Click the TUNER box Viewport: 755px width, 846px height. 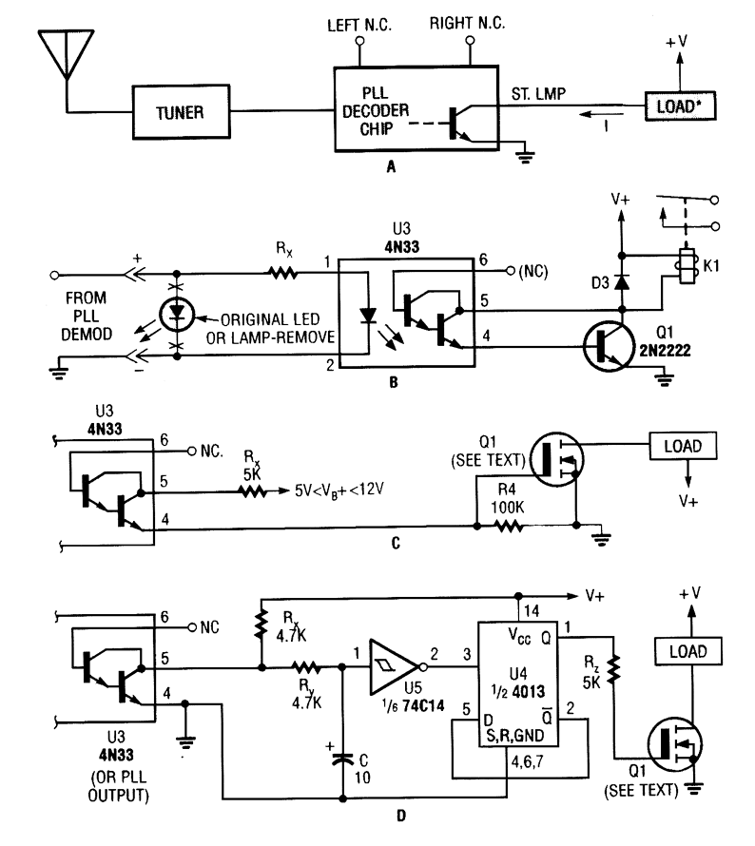[x=182, y=112]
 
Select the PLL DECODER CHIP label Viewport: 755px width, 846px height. [x=376, y=110]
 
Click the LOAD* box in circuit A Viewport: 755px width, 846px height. [x=680, y=106]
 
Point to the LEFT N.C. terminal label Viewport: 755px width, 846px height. [x=359, y=26]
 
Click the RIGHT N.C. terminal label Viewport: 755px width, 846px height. [x=467, y=23]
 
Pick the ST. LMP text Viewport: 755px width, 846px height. [x=538, y=94]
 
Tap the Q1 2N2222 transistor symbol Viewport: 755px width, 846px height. [x=609, y=346]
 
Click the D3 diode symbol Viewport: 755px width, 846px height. [x=622, y=282]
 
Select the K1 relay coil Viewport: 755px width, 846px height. [x=687, y=265]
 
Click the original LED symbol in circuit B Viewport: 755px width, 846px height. [x=177, y=314]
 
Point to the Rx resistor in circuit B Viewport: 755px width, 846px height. [x=283, y=274]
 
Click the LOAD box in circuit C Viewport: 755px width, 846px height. [x=683, y=446]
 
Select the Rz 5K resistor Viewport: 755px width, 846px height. [x=613, y=669]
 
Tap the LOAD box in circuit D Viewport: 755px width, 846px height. [x=688, y=651]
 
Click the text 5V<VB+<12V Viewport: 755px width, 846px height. [x=339, y=490]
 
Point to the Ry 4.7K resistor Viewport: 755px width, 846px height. [x=307, y=668]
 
